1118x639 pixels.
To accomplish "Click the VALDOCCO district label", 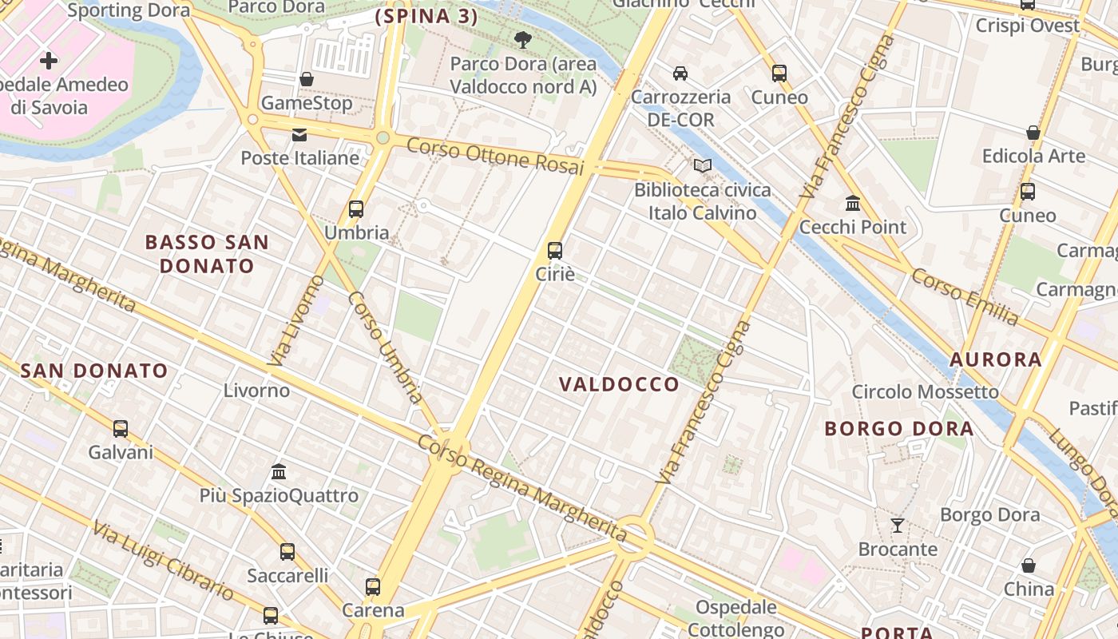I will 619,384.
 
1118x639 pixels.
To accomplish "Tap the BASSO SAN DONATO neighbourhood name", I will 207,253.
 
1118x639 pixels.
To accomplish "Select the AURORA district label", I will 996,359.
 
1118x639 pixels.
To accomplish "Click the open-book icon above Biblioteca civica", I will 703,165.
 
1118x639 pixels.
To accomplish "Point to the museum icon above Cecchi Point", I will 853,204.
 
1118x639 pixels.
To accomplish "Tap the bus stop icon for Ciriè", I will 555,250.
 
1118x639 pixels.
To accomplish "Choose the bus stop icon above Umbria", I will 356,209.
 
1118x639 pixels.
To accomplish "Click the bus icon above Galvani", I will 121,429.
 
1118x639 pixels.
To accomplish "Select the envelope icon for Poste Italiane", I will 299,134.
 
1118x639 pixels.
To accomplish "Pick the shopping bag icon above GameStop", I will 307,79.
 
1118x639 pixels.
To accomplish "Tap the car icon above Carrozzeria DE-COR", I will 680,73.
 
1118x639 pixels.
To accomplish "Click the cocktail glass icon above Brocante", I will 898,526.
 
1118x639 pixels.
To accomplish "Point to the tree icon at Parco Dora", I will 523,39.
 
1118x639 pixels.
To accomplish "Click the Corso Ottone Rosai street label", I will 495,157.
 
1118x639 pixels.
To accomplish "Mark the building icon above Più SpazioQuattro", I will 279,471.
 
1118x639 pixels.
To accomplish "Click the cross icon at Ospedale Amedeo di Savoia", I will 49,60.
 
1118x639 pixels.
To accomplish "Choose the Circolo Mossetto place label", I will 925,391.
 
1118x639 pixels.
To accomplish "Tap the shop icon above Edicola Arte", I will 1033,133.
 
